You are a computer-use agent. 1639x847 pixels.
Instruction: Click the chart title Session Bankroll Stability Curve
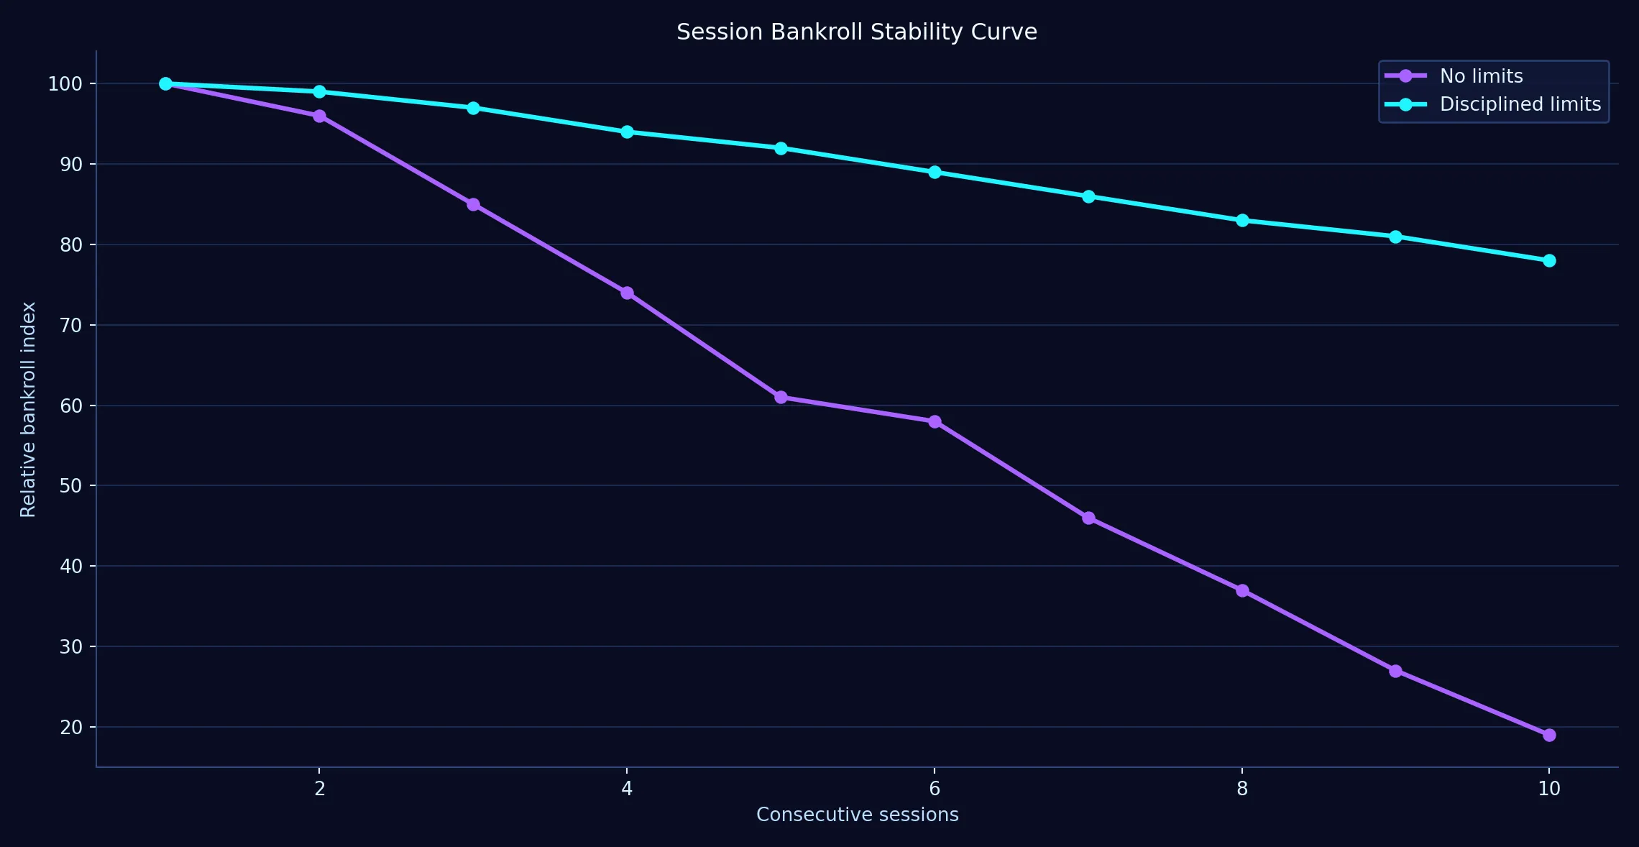856,32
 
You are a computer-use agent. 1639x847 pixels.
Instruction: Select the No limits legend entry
1481,76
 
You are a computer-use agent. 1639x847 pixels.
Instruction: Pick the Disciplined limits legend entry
1520,104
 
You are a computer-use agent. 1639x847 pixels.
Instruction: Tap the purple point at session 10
1549,735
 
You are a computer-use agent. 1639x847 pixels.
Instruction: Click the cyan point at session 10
1549,260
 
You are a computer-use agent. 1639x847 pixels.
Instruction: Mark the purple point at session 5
781,397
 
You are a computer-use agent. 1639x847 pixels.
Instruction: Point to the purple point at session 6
935,421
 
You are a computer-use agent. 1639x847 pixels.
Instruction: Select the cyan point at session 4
627,132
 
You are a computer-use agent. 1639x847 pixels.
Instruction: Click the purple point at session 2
319,116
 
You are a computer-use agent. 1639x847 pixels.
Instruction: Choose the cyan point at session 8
1242,220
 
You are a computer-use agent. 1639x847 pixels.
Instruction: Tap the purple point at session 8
1242,590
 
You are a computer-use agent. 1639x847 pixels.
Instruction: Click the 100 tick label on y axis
65,84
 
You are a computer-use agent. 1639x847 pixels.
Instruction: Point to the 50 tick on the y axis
70,486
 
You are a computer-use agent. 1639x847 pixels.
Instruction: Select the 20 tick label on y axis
70,728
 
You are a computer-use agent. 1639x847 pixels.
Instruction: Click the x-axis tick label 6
935,789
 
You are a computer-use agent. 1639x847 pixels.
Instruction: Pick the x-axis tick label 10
1549,789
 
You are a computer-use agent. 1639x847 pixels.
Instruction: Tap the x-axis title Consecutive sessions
857,815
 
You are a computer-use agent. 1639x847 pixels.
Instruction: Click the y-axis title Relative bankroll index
28,409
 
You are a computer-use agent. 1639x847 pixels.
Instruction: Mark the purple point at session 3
473,204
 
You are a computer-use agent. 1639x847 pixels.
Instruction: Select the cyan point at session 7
1088,196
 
